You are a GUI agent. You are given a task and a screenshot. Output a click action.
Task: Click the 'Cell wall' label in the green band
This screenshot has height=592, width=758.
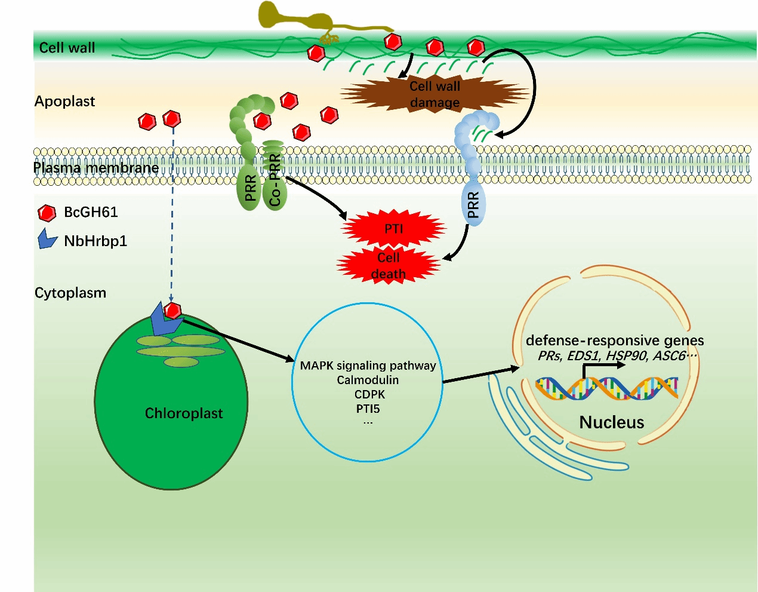click(67, 48)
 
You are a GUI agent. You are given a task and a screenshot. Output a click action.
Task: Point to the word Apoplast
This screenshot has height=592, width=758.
click(64, 102)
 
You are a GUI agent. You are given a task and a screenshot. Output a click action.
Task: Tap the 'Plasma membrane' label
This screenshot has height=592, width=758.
click(96, 168)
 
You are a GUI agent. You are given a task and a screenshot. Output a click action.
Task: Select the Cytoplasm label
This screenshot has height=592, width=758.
click(70, 293)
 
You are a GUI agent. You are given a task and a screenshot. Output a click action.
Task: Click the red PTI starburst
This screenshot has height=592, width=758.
click(393, 229)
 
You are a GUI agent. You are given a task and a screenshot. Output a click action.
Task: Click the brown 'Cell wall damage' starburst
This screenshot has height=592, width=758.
click(435, 94)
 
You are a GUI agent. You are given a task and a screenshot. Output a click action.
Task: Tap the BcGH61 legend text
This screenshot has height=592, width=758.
click(91, 212)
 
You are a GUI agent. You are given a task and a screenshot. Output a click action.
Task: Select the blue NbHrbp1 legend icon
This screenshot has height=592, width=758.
click(47, 239)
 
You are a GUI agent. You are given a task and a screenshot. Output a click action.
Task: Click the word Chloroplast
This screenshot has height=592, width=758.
click(184, 413)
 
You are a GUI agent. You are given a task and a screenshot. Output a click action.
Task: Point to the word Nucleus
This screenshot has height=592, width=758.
click(612, 422)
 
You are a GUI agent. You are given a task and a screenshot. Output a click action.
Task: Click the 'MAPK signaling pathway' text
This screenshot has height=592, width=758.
click(368, 366)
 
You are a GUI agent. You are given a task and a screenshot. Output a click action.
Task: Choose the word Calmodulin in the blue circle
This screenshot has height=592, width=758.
click(368, 380)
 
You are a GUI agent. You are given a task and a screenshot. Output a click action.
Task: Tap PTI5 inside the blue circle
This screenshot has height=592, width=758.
click(368, 409)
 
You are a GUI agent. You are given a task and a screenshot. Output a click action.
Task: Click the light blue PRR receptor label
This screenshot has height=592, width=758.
click(473, 205)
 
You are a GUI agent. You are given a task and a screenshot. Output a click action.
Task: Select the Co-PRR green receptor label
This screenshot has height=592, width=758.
click(275, 180)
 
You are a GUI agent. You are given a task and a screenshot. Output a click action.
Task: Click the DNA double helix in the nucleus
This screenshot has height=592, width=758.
click(606, 388)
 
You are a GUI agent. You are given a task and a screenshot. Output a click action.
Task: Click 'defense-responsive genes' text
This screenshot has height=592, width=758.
click(615, 341)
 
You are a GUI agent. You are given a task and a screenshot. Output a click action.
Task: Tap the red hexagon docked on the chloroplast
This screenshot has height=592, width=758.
click(172, 311)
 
